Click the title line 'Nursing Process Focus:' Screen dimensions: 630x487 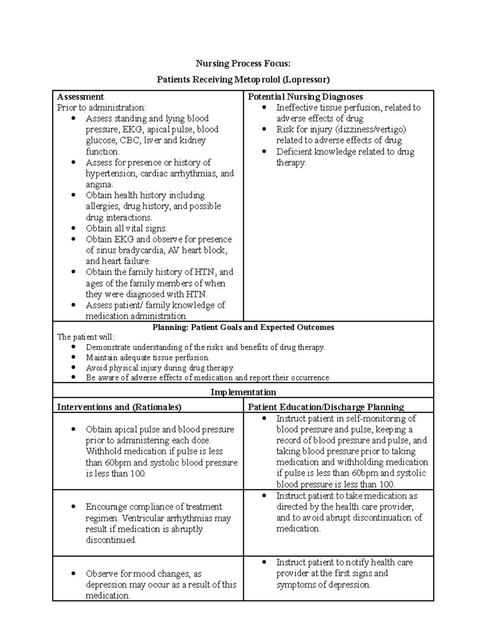243,63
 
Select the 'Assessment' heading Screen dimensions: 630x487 80,97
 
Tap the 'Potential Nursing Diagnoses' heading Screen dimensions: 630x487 305,97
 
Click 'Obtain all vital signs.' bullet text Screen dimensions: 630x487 126,228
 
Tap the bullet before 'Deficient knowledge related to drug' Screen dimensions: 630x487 264,151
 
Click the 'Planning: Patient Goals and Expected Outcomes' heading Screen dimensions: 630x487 243,327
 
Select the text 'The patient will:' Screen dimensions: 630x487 86,337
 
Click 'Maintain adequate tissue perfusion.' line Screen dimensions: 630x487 148,358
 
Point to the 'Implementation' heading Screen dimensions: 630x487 243,392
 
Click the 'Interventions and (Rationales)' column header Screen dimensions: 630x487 119,407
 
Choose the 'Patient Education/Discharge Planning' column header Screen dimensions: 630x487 326,407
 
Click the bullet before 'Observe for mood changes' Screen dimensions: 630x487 73,574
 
